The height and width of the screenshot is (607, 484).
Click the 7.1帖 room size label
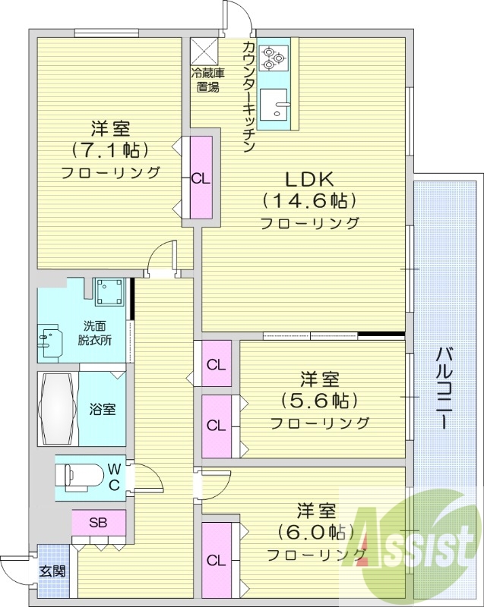tap(109, 149)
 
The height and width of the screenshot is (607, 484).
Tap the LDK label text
tap(309, 179)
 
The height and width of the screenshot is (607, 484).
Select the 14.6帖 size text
tap(309, 201)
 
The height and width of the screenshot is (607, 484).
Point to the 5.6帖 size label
tap(318, 401)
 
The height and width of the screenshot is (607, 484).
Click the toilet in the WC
tap(79, 476)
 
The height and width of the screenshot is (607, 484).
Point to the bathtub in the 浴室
tap(57, 407)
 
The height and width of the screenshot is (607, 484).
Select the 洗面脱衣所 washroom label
tap(95, 333)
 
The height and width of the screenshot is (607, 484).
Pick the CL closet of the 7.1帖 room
tap(201, 180)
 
